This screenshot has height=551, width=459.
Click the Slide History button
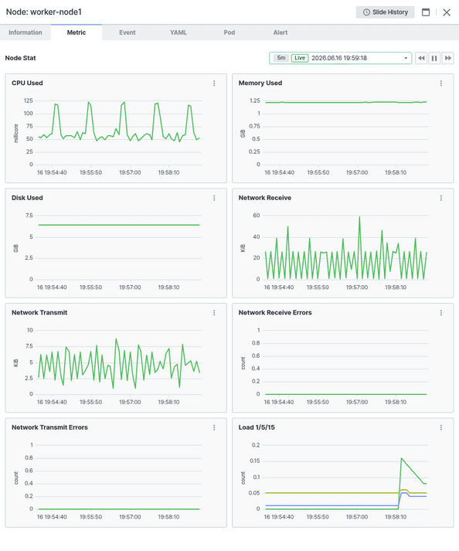385,12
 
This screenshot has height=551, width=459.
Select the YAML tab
178,32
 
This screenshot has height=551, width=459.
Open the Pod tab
229,32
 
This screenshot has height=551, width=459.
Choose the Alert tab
280,32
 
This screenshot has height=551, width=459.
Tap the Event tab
127,32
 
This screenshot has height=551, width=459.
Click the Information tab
25,32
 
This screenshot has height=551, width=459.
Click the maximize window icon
426,12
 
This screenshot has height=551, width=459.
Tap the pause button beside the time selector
434,58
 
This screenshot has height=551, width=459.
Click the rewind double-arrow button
421,58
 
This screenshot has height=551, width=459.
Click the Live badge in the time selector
300,58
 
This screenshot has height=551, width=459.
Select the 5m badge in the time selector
281,58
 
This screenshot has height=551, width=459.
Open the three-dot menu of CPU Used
214,83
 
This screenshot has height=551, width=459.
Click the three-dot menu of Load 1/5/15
441,427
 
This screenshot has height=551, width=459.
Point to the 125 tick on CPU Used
29,101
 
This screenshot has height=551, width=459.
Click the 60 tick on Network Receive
257,216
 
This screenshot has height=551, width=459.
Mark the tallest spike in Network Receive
359,217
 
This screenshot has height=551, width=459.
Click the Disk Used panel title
27,198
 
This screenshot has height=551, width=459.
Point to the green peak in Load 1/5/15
401,458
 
